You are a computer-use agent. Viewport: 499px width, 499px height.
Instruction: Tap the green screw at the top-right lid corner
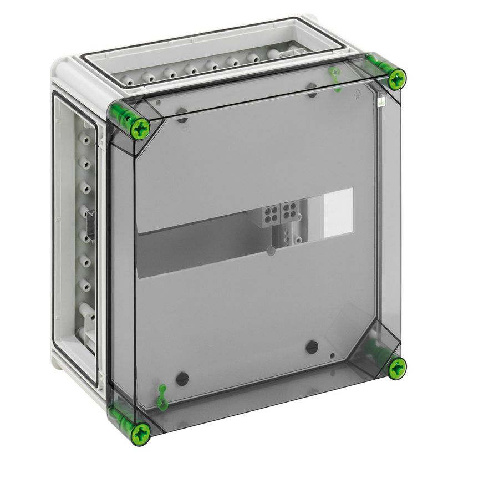coord(396,80)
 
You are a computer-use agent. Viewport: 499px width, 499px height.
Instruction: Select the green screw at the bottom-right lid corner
coord(396,368)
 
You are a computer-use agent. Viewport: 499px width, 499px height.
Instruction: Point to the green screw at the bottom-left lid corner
coord(141,431)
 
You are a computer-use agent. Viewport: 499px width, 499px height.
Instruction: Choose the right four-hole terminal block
coord(289,211)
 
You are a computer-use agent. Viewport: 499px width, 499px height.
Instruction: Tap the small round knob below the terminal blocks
coord(271,251)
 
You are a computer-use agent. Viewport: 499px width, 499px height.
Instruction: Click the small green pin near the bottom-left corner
coord(162,397)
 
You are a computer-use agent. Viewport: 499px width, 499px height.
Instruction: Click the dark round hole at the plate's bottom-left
coord(182,379)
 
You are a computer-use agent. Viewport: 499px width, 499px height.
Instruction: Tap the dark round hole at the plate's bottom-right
coord(312,347)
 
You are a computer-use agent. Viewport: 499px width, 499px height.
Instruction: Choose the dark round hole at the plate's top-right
coord(312,90)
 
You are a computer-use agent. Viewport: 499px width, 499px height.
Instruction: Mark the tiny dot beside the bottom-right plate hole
coord(332,356)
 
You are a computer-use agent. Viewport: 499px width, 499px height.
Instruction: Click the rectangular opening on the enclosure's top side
coord(222,61)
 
